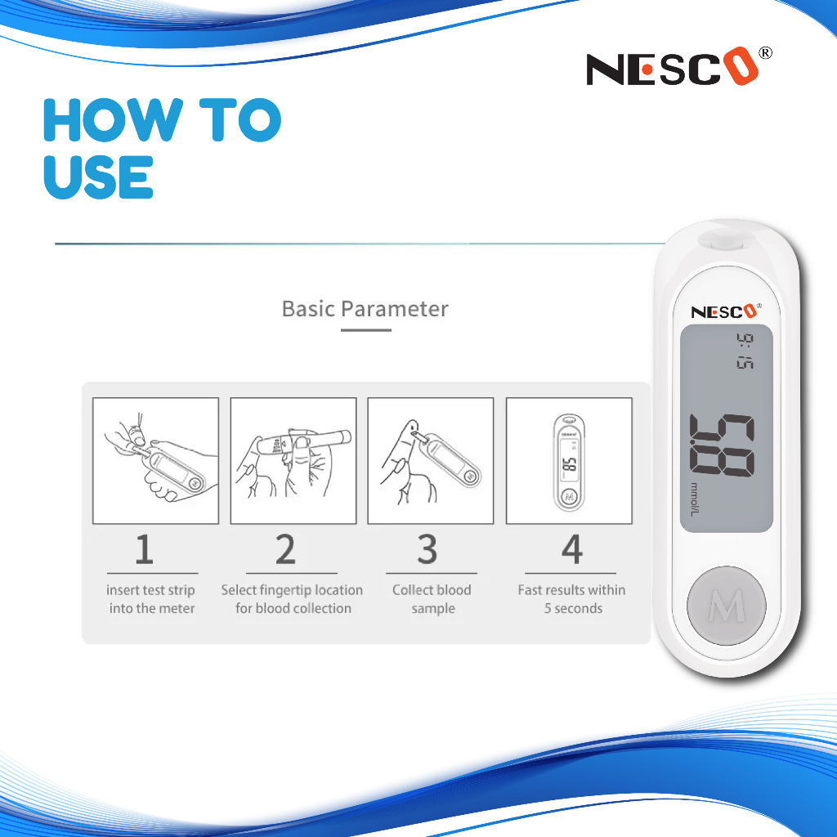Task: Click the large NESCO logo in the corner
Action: [673, 67]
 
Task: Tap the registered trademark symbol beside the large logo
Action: [765, 53]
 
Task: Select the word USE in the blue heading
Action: [99, 177]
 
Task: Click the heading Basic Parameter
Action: [365, 309]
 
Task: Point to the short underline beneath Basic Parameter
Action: [366, 330]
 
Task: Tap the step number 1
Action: [144, 549]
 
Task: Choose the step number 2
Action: [285, 549]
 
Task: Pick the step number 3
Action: [427, 549]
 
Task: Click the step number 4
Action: [571, 549]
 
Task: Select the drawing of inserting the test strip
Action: [156, 461]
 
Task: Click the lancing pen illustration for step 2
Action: [293, 461]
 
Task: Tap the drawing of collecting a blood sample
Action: [431, 461]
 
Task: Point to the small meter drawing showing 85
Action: [569, 461]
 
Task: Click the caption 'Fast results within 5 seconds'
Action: [571, 599]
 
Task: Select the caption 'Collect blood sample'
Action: [432, 599]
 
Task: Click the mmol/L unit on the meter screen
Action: [694, 499]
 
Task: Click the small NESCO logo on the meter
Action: [725, 311]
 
